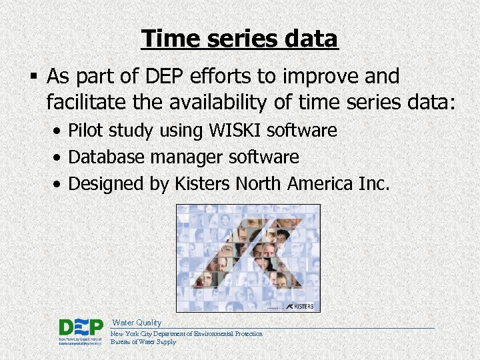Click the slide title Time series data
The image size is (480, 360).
pos(240,39)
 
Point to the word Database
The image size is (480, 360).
pos(107,157)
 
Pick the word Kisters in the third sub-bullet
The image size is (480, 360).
pos(203,183)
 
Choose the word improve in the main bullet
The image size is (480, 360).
pos(322,77)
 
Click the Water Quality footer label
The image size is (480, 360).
pos(137,323)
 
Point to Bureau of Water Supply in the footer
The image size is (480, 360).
pos(143,342)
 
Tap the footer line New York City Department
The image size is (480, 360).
pos(186,334)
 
